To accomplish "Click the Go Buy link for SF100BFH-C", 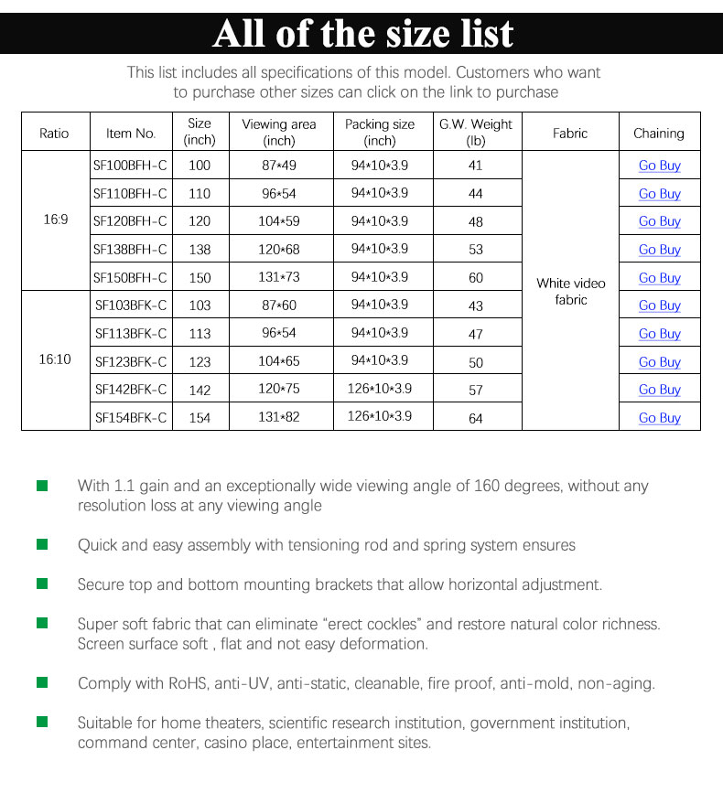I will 659,166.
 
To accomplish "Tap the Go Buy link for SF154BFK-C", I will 659,418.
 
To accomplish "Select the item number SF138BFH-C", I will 131,249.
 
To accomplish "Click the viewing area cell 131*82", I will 278,417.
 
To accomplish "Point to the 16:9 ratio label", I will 54,220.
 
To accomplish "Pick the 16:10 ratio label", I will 54,359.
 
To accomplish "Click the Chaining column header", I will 659,133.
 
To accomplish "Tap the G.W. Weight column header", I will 476,132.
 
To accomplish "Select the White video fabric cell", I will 570,292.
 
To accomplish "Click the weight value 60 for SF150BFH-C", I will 476,277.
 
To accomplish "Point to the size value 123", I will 200,361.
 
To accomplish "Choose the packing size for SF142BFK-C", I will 380,389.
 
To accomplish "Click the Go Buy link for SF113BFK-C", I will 659,334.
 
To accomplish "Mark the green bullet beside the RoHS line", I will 42,682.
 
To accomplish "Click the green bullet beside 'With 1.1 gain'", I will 42,486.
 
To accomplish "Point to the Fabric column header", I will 570,133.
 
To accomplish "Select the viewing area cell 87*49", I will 278,166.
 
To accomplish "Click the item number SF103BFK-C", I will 131,305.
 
